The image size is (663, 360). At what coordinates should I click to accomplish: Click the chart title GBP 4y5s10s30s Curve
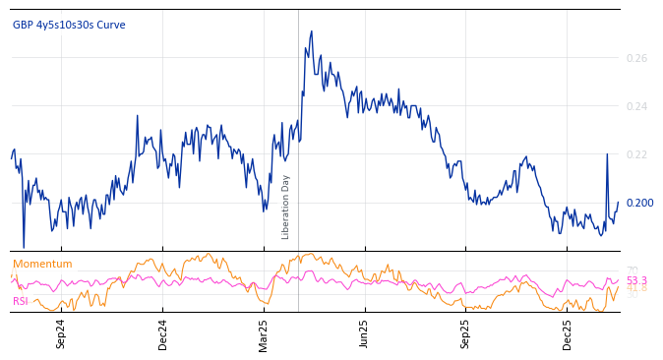click(69, 25)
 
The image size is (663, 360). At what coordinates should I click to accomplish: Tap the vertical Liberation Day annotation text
click(286, 207)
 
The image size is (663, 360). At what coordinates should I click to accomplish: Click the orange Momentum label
click(42, 264)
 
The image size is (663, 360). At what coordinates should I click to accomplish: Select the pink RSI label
click(21, 301)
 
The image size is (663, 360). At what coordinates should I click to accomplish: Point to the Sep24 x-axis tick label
click(61, 334)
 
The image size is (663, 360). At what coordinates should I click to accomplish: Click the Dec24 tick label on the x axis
click(162, 334)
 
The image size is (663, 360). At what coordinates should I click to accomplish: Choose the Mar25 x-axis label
click(264, 334)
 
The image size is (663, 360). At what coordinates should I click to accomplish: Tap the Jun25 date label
click(365, 334)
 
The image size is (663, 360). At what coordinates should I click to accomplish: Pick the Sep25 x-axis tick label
click(466, 334)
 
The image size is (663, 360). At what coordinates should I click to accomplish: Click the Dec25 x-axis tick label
click(568, 334)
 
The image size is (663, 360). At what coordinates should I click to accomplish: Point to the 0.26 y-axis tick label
click(636, 58)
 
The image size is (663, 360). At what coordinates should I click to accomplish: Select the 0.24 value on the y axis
click(636, 106)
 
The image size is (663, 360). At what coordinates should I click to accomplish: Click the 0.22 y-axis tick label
click(636, 154)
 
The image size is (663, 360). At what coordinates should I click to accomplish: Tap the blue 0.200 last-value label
click(639, 203)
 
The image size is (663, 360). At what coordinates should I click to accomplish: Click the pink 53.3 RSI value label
click(636, 280)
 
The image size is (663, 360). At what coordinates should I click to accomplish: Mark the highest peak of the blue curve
click(312, 30)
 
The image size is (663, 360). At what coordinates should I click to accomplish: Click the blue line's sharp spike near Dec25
click(607, 154)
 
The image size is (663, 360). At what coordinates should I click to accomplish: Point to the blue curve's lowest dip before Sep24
click(24, 247)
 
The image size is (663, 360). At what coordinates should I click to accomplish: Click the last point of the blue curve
click(619, 203)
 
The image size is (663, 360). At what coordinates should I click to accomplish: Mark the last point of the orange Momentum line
click(619, 286)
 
